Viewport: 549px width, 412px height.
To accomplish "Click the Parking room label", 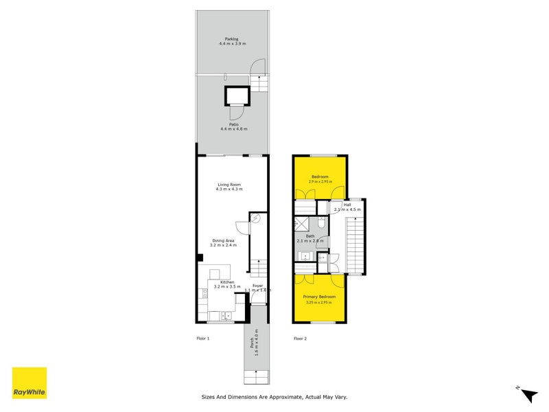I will click(x=231, y=38).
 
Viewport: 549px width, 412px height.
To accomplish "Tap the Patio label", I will click(x=233, y=124).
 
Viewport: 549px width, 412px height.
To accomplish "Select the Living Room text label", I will click(x=229, y=185).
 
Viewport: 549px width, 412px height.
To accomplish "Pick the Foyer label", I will click(x=257, y=285).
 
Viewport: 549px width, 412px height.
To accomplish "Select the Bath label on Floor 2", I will click(x=310, y=236).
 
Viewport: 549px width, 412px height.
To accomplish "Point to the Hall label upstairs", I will click(x=347, y=205).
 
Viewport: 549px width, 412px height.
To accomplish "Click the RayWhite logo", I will click(x=30, y=382).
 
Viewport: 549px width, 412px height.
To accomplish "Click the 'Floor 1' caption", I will click(x=202, y=339).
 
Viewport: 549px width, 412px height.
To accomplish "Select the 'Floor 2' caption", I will click(x=300, y=339).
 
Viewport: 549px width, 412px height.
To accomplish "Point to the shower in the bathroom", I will click(x=301, y=225).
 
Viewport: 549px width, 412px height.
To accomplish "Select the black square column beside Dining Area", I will click(x=200, y=257).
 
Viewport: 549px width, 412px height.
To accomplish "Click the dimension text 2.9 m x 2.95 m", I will click(x=319, y=181).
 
